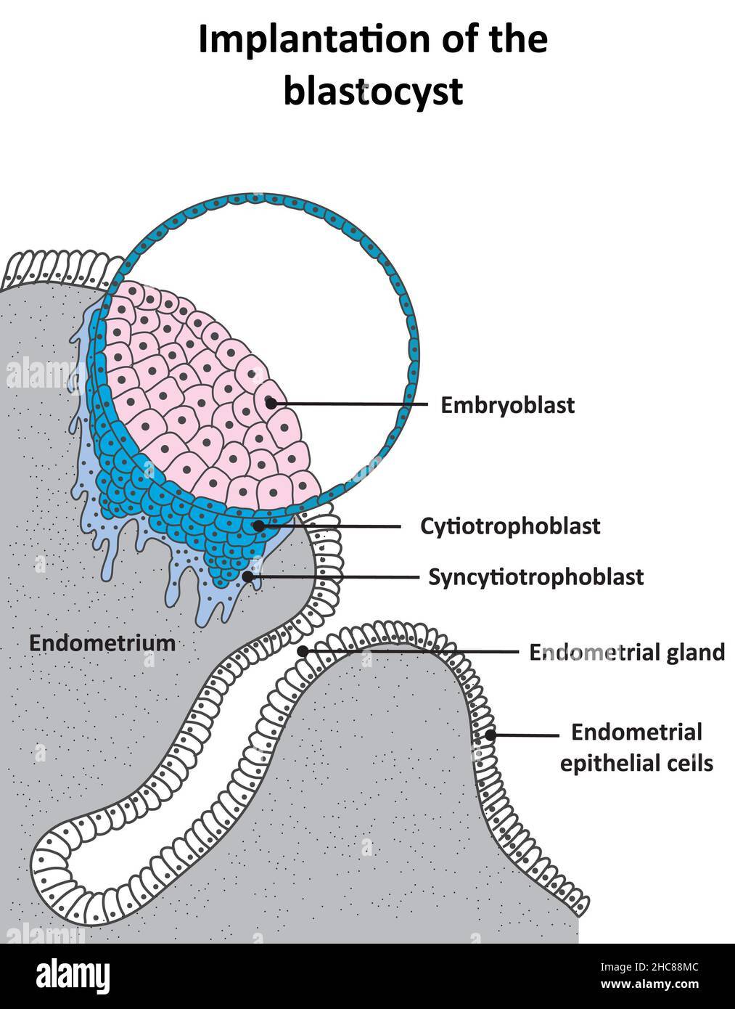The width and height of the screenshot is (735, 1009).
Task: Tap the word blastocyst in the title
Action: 372,92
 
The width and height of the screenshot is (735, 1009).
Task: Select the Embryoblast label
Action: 507,405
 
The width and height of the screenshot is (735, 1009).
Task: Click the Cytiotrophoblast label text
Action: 510,526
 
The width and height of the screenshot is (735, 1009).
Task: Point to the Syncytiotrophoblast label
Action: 535,577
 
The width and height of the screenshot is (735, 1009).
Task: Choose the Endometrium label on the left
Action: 102,642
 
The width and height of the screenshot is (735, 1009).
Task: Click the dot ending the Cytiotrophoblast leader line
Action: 258,525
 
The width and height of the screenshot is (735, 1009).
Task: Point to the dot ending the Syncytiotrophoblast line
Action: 248,576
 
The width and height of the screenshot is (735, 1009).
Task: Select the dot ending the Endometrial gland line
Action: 303,650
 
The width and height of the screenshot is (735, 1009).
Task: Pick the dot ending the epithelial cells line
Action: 490,735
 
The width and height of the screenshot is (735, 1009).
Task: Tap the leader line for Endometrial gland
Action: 414,651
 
